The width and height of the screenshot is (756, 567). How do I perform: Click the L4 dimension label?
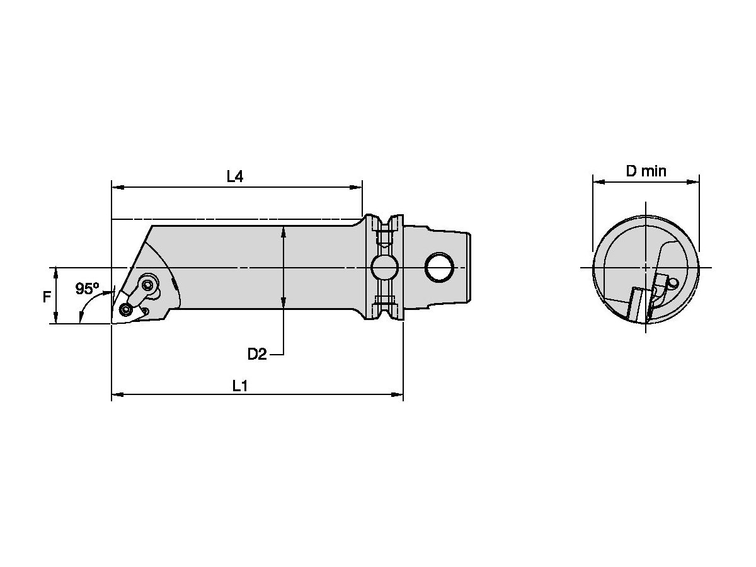(235, 176)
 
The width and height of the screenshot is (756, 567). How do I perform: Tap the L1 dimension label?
(239, 386)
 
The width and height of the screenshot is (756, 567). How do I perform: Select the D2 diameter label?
(256, 354)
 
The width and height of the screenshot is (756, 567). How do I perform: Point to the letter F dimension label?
(47, 297)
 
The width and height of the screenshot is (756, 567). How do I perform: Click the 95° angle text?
(88, 289)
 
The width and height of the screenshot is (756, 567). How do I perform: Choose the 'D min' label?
(646, 171)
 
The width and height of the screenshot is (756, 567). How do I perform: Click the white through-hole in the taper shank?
(440, 268)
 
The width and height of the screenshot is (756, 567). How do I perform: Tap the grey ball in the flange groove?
(384, 268)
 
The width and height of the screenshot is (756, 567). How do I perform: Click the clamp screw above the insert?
(149, 285)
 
